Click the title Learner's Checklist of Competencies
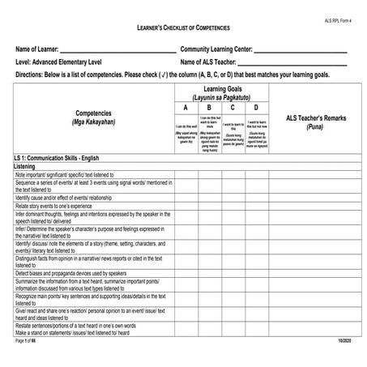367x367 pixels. pos(182,28)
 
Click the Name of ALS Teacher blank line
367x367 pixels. pos(292,62)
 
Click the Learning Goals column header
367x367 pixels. pos(220,91)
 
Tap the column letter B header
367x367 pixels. pos(209,107)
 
